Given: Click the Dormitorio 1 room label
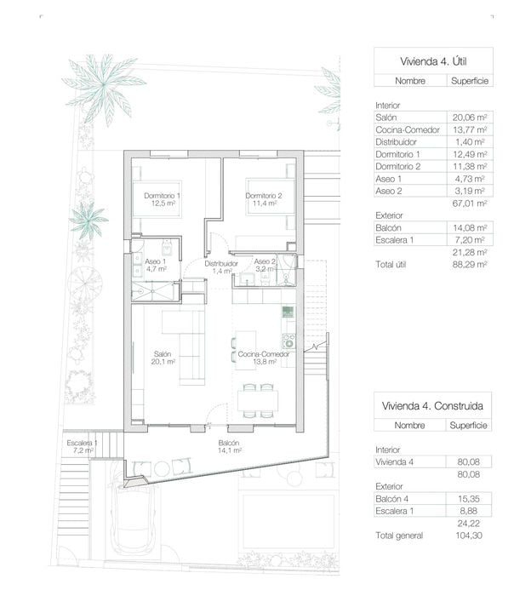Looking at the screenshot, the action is [x=162, y=199].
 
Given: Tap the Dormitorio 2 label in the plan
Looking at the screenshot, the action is [x=264, y=199].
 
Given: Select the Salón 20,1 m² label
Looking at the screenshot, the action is [x=163, y=358].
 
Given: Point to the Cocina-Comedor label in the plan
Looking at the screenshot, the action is [x=264, y=358].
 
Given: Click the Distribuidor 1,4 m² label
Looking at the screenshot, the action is [x=221, y=267].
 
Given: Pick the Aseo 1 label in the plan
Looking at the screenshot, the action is [x=156, y=265].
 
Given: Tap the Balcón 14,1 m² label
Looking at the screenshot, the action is [x=229, y=446].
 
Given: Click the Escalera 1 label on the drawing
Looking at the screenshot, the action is [x=82, y=446].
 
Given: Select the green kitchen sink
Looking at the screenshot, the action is [x=288, y=312].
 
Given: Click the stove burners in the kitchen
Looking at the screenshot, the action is [x=288, y=341].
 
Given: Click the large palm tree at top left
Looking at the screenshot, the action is [x=104, y=88].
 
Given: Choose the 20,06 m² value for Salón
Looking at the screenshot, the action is [x=470, y=117].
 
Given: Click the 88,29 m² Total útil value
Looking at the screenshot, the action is [x=470, y=264].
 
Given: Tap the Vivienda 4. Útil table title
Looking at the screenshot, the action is [x=433, y=61].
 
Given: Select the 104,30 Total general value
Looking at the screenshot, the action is [x=469, y=536].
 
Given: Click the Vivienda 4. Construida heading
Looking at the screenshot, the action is [x=432, y=406].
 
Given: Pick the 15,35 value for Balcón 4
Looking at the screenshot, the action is [x=469, y=499].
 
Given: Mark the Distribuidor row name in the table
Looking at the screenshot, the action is [x=396, y=142].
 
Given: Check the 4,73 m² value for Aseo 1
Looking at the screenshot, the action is [x=469, y=179].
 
